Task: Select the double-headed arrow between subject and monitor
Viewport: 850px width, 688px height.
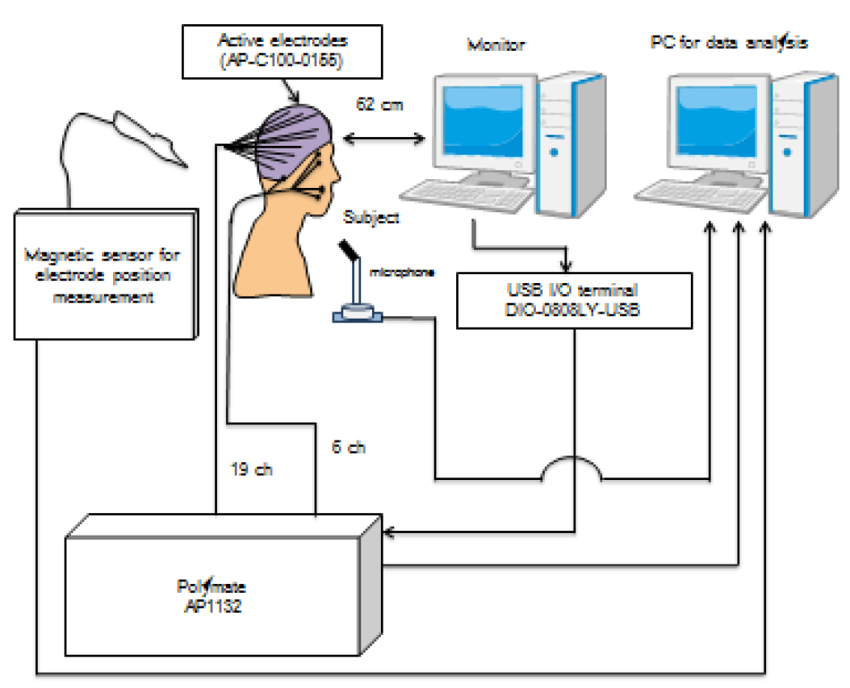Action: [x=383, y=140]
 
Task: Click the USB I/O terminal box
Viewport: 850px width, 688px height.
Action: [x=574, y=300]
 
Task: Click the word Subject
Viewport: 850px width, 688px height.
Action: [x=372, y=216]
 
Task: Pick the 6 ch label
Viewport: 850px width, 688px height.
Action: [x=349, y=445]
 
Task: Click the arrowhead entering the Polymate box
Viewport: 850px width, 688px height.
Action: [x=390, y=532]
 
